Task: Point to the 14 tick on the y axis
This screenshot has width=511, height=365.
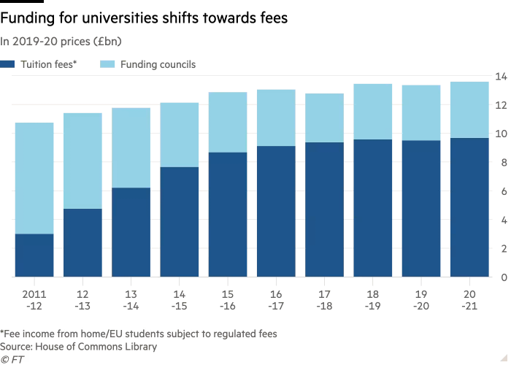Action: coord(501,76)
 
